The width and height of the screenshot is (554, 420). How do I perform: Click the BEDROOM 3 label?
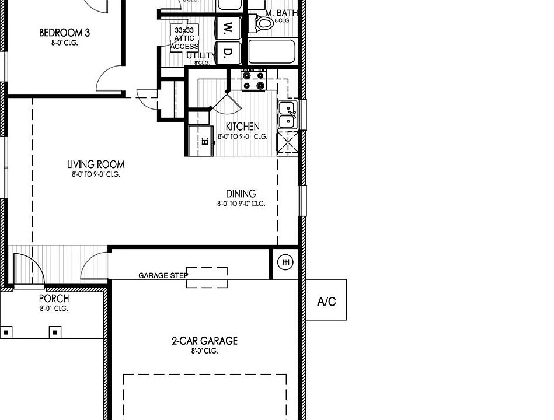point(64,33)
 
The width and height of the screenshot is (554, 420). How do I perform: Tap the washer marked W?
point(228,27)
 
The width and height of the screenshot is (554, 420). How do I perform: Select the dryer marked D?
point(228,54)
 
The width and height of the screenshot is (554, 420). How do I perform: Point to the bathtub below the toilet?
point(273,52)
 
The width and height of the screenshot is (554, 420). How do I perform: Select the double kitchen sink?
point(287,115)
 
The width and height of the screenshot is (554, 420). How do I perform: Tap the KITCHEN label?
point(242,127)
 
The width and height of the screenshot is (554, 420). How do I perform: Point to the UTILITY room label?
point(200,55)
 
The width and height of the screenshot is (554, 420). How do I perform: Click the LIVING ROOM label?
point(96,164)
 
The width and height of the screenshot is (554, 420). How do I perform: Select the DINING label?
point(241,194)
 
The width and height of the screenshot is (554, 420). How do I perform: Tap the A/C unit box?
point(326,301)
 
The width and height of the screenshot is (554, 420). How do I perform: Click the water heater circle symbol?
point(286,262)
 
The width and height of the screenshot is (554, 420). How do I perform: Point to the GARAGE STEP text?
point(163,275)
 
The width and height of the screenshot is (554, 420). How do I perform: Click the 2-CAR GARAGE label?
point(204,341)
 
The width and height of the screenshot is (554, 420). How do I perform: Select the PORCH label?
point(54,299)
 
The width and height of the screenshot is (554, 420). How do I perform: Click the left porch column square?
point(6,332)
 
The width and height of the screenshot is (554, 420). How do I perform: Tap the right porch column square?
point(55,332)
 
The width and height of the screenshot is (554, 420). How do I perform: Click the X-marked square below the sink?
point(287,142)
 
